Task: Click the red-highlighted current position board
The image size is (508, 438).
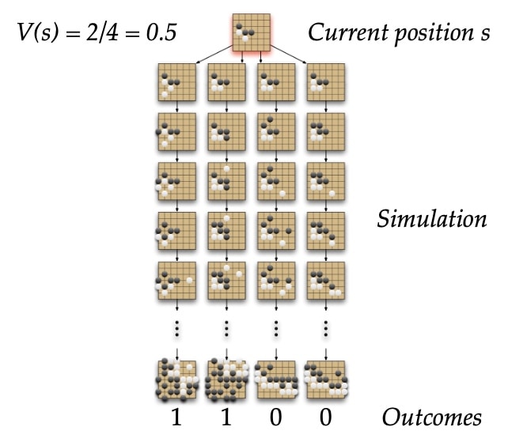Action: pyautogui.click(x=252, y=32)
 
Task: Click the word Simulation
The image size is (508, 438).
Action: pyautogui.click(x=432, y=219)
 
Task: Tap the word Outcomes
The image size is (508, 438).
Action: pyautogui.click(x=432, y=417)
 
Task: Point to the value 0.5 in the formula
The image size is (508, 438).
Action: pyautogui.click(x=161, y=32)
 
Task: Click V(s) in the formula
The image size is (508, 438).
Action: pyautogui.click(x=38, y=32)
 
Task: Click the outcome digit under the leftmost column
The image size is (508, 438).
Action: pyautogui.click(x=176, y=417)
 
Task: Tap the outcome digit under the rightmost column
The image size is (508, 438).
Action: pyautogui.click(x=325, y=417)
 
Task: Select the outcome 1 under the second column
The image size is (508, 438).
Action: pyautogui.click(x=226, y=417)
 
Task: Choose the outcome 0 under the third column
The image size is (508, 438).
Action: pyautogui.click(x=275, y=417)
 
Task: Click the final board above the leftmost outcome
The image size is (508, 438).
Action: pyautogui.click(x=177, y=379)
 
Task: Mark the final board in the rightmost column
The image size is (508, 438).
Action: pyautogui.click(x=326, y=379)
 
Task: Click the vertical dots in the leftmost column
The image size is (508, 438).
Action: pyautogui.click(x=177, y=329)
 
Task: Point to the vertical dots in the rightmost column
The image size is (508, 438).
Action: pyautogui.click(x=325, y=329)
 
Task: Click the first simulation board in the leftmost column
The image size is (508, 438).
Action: pyautogui.click(x=177, y=82)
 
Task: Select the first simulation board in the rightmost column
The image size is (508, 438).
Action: pyautogui.click(x=326, y=82)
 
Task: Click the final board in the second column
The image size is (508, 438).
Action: pyautogui.click(x=227, y=379)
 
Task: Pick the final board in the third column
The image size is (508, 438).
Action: pyautogui.click(x=276, y=379)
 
